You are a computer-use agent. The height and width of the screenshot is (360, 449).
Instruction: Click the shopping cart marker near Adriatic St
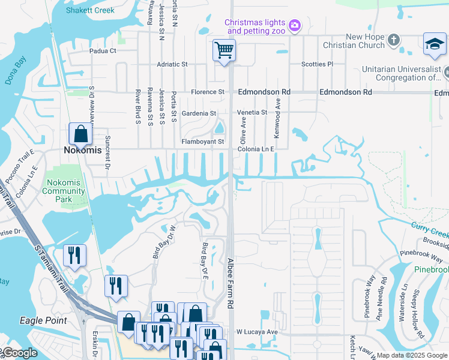pyautogui.click(x=224, y=50)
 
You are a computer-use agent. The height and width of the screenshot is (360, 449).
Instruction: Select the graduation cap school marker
pyautogui.click(x=434, y=44)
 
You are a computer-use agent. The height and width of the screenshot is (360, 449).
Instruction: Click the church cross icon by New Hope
pyautogui.click(x=393, y=41)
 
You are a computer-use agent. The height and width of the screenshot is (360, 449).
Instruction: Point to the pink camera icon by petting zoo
pyautogui.click(x=294, y=25)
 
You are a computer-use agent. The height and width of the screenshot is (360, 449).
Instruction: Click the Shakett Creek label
pyautogui.click(x=90, y=10)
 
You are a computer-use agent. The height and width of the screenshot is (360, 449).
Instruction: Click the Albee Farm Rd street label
pyautogui.click(x=230, y=283)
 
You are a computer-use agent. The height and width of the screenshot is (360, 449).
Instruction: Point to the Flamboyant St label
pyautogui.click(x=203, y=142)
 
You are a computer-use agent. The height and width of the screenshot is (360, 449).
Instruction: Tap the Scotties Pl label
pyautogui.click(x=317, y=64)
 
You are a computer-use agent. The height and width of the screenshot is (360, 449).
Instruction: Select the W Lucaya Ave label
pyautogui.click(x=256, y=332)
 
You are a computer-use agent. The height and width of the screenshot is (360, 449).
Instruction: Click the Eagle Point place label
pyautogui.click(x=43, y=320)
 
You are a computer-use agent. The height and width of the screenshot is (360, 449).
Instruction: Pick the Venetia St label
pyautogui.click(x=252, y=113)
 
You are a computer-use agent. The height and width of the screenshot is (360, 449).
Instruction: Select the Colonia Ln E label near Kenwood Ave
pyautogui.click(x=256, y=149)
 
